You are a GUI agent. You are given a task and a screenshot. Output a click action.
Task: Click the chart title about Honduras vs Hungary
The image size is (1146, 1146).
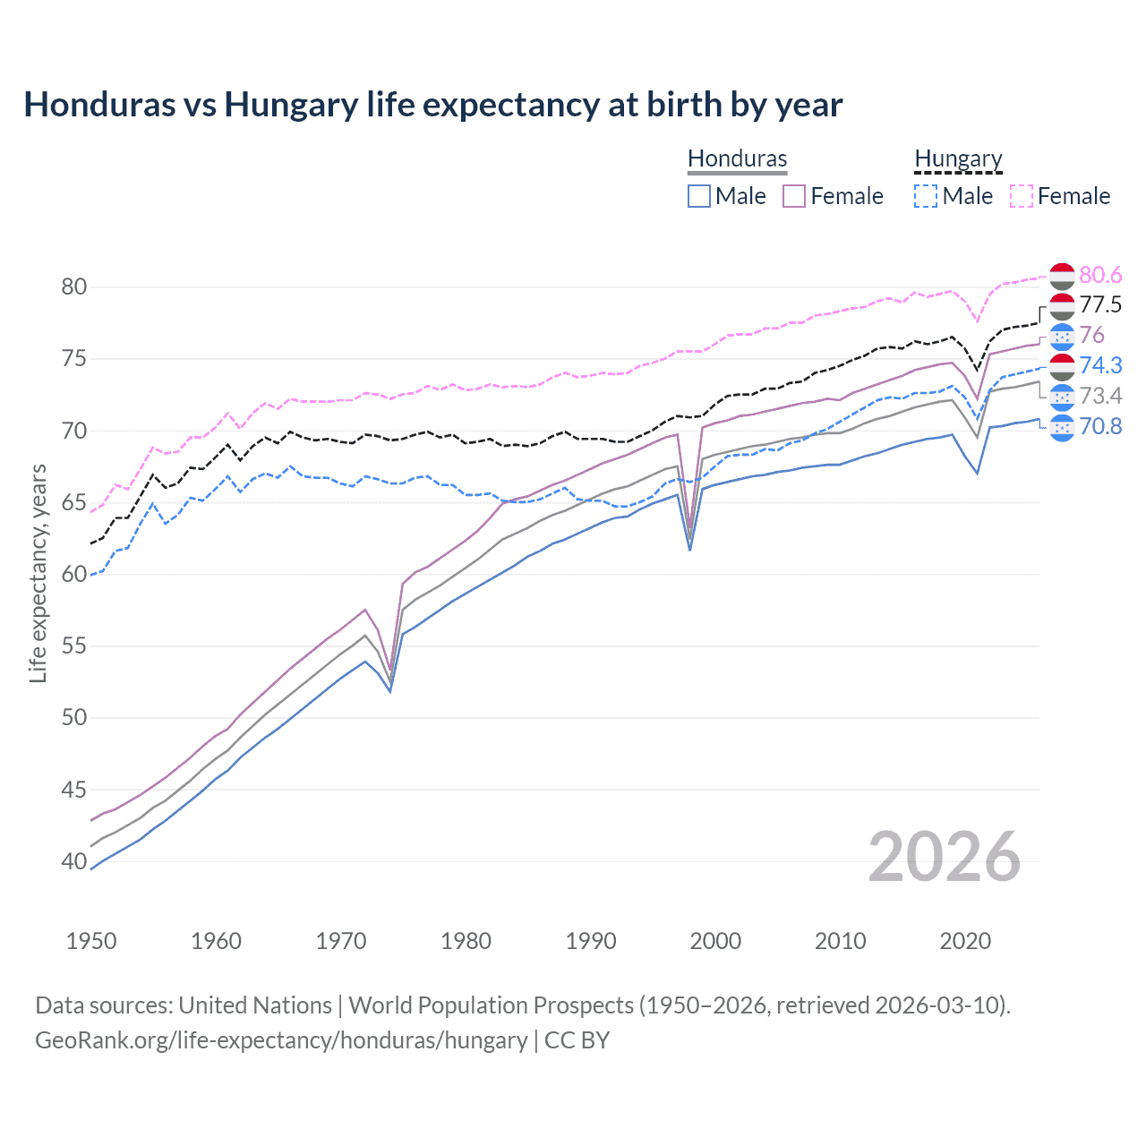(x=432, y=105)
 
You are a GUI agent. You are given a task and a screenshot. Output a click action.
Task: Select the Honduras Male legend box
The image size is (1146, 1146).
(x=699, y=196)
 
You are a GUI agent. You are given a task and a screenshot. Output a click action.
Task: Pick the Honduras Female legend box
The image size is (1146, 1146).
(x=794, y=196)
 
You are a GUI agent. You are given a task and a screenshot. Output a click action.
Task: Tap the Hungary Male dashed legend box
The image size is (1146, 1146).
(x=926, y=196)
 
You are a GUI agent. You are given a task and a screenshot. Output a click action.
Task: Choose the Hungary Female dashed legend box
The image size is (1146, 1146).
(x=1022, y=196)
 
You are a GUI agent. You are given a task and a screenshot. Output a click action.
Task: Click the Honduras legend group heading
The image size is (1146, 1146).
(x=737, y=158)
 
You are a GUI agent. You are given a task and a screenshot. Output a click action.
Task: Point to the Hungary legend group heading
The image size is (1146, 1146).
(x=958, y=158)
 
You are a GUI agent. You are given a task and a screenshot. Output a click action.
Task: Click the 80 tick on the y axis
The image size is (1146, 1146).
(x=73, y=287)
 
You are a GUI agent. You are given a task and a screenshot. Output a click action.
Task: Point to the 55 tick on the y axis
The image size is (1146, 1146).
(x=73, y=646)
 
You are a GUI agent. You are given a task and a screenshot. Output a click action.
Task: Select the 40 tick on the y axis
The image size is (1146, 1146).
(x=73, y=861)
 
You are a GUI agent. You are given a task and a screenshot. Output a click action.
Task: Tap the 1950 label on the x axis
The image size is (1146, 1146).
(x=91, y=941)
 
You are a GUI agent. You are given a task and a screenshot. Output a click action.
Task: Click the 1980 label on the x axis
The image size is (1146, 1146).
(x=466, y=941)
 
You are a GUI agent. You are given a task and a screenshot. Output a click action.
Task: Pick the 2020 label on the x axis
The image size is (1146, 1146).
(x=965, y=941)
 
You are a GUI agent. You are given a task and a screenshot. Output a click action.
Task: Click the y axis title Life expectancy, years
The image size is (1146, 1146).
(x=38, y=574)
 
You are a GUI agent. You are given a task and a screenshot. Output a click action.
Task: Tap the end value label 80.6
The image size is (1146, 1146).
(x=1100, y=275)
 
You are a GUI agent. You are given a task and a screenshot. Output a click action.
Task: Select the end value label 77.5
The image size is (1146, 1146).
(x=1100, y=305)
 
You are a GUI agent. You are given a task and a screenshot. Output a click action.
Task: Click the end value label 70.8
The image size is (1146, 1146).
(x=1100, y=426)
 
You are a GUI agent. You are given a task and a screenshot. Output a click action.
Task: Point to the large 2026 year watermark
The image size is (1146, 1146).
(x=945, y=857)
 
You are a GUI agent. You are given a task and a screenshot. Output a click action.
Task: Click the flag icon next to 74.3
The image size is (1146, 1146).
(x=1062, y=366)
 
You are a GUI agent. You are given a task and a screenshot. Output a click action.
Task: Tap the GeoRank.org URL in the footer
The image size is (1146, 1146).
(x=281, y=1040)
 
